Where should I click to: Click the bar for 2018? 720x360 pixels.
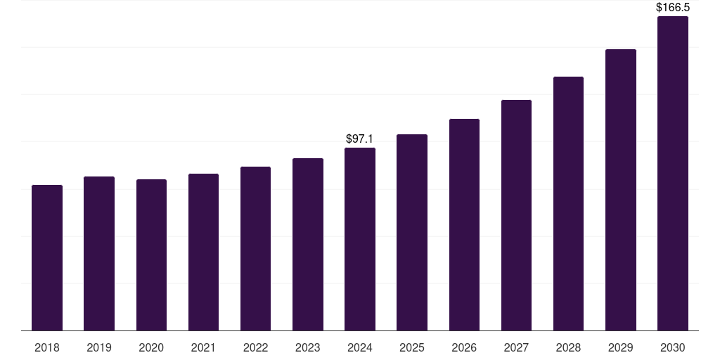47,257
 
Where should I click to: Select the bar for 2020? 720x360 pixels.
151,255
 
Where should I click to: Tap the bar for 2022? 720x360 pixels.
255,248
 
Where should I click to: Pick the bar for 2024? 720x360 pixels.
360,239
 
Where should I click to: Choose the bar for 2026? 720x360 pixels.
464,224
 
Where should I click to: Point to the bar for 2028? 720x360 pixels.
568,203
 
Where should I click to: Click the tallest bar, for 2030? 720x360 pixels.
672,173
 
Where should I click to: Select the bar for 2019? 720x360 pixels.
99,253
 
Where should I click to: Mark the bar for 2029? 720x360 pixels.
620,190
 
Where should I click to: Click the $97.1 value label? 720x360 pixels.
360,139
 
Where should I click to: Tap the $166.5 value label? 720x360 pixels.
672,8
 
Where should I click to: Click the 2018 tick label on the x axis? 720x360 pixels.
47,347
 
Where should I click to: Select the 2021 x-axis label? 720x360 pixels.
203,347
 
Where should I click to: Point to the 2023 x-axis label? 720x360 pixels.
308,347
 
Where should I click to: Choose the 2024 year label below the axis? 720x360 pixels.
360,347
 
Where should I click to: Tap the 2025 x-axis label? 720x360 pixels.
412,347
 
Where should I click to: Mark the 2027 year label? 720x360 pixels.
516,347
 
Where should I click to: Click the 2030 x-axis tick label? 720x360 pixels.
672,347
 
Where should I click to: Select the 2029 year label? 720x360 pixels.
620,347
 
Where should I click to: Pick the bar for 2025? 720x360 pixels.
412,232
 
